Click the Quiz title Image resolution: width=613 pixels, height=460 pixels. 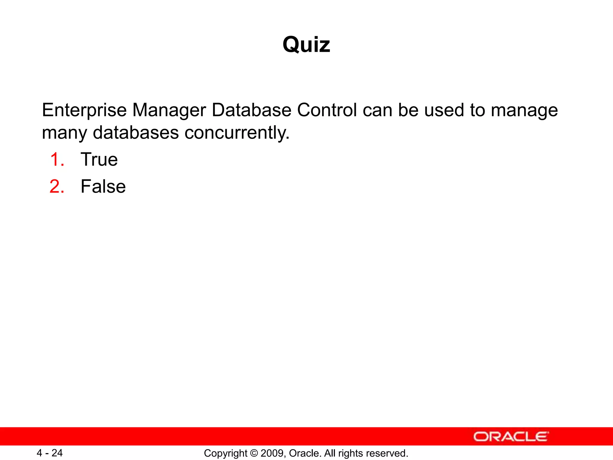[306, 45]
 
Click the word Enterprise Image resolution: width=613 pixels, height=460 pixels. [84, 110]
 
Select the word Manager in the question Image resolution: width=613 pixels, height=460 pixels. [169, 110]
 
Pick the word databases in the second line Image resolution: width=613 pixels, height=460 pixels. [136, 132]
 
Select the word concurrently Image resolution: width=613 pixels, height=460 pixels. [237, 132]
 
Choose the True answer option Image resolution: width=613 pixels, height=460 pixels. [99, 159]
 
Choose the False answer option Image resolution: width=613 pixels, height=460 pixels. [103, 186]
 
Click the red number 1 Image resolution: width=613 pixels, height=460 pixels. [57, 159]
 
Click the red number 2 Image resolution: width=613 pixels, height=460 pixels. [57, 186]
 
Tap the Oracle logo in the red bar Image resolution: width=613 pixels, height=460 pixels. [511, 437]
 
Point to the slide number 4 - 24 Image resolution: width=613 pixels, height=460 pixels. [49, 453]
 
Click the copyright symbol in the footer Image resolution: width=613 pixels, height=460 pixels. [254, 453]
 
